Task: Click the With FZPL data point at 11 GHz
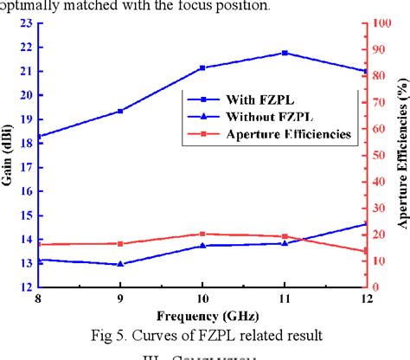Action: (x=285, y=53)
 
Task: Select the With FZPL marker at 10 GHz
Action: (x=202, y=67)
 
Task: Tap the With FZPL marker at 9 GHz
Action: (x=120, y=111)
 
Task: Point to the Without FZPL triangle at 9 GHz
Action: (x=120, y=264)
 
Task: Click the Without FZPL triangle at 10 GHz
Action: (x=202, y=246)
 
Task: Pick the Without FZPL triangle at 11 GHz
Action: (x=285, y=243)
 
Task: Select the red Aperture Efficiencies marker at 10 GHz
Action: (x=202, y=234)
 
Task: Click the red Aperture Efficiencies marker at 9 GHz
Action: (x=120, y=244)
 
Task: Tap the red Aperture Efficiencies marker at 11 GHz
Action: (x=285, y=236)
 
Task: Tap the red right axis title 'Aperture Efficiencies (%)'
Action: (x=401, y=156)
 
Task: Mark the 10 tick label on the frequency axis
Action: (x=202, y=298)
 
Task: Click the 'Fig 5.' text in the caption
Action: (x=117, y=335)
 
